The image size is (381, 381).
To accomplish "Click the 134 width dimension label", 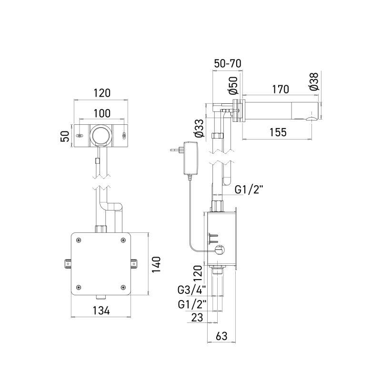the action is click(101, 311).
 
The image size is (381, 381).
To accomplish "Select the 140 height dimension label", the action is click(157, 264).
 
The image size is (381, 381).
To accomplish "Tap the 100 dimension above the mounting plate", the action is click(102, 113).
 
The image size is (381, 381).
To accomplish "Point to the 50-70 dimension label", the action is click(228, 63).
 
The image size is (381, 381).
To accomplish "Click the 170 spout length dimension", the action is click(281, 89).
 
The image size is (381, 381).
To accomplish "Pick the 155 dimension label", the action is click(278, 132).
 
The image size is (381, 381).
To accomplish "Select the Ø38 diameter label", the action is click(314, 81).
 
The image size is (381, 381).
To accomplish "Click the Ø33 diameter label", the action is click(199, 128).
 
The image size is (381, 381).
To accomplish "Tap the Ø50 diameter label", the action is click(233, 85).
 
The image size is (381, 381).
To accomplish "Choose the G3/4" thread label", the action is click(192, 290).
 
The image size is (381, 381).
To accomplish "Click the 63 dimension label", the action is click(221, 336).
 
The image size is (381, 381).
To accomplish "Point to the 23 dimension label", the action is click(197, 317).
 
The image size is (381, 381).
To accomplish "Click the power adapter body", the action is click(191, 158).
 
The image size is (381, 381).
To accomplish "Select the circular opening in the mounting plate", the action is click(101, 136).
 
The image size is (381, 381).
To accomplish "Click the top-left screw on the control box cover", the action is click(79, 241).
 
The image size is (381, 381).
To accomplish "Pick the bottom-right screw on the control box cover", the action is click(123, 287).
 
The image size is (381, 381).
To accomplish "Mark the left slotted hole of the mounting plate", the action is click(79, 136).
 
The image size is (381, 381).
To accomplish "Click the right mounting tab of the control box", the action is click(134, 264).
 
